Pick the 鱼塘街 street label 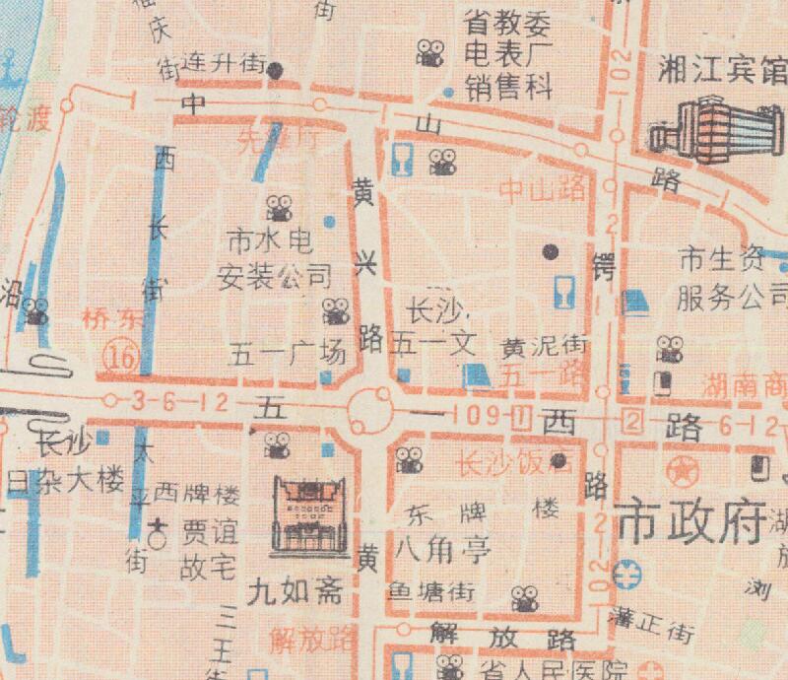430,591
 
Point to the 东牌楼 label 483,510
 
